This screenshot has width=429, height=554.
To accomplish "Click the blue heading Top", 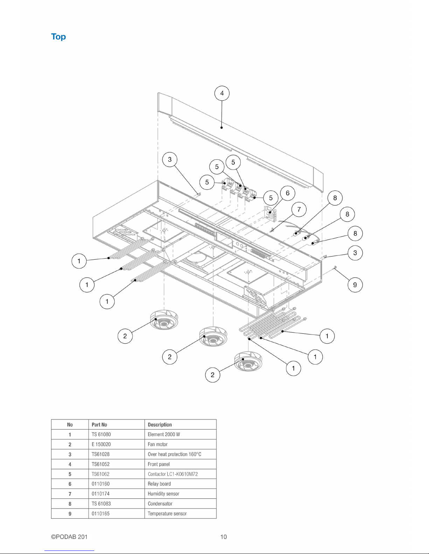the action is (58, 37).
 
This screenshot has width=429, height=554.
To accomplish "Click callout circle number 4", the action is (222, 93).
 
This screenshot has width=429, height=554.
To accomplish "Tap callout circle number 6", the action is (288, 193).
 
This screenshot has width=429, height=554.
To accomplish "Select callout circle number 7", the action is (299, 210).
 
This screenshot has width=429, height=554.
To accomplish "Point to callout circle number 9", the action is (355, 285).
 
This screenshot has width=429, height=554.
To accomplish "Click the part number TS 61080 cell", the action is (116, 434).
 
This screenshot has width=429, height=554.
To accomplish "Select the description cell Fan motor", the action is (180, 444).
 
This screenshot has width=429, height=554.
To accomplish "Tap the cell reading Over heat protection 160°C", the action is (180, 454).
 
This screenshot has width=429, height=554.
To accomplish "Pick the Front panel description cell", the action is (180, 464).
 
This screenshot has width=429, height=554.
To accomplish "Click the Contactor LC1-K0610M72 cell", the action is (180, 474).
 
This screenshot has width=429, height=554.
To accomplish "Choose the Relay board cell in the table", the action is (180, 484).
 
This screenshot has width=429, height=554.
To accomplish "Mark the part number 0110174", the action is (101, 494).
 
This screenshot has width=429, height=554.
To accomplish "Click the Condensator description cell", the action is (180, 504).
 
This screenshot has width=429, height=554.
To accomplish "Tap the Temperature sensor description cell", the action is (180, 513).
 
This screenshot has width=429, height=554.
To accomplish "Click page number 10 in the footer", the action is (223, 537).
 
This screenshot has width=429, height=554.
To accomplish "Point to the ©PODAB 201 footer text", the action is (69, 537).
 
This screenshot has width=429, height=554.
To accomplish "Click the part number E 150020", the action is (101, 444).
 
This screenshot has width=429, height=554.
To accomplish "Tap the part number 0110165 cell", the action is (116, 513).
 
